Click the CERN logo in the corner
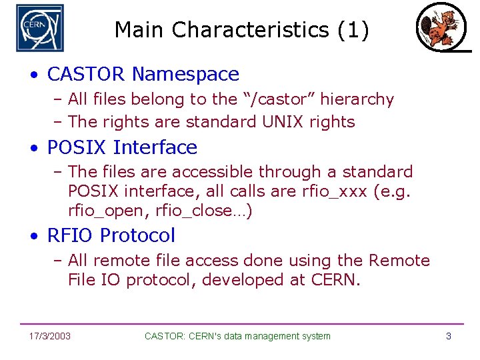point(40,28)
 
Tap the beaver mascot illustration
point(437,27)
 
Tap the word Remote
point(399,261)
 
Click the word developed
point(244,280)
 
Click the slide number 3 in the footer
point(449,336)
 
